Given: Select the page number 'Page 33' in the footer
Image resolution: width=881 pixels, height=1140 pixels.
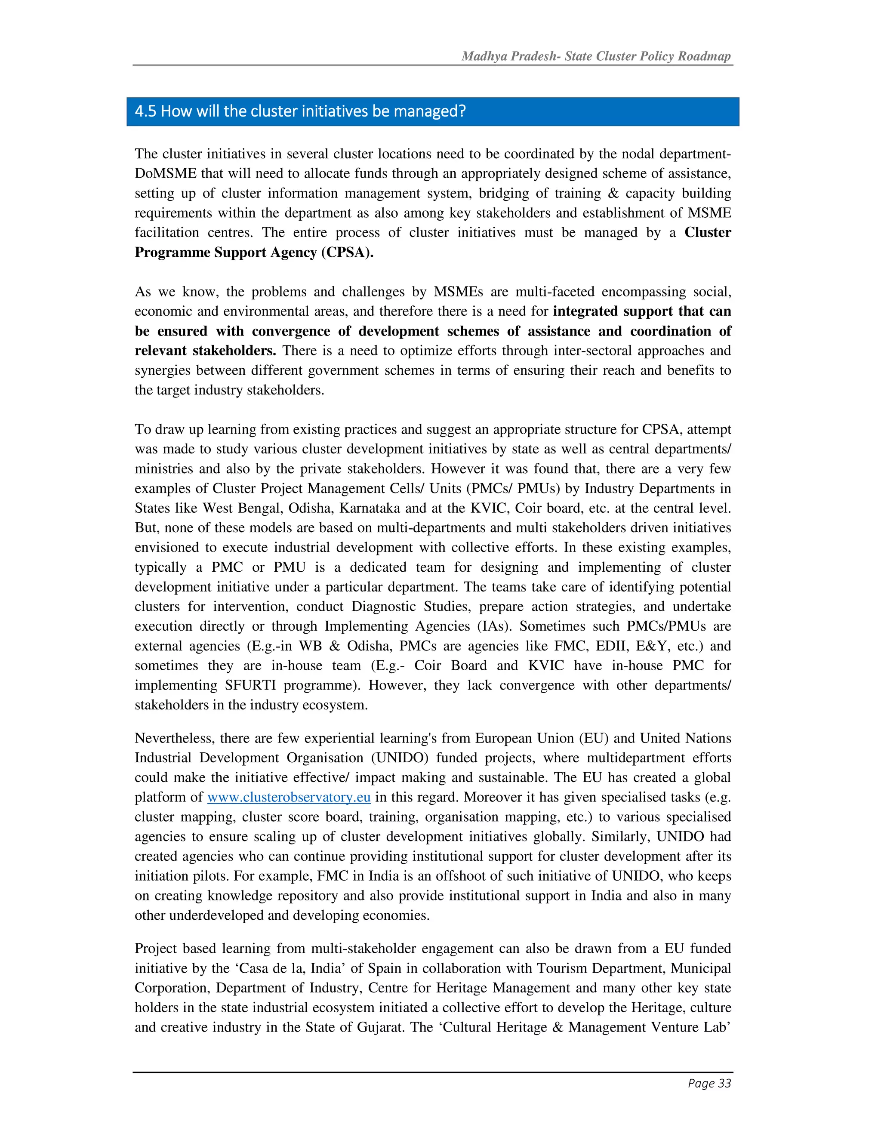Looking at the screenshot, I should (x=709, y=1083).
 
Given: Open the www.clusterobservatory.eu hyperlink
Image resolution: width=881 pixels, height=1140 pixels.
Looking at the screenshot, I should (x=289, y=797).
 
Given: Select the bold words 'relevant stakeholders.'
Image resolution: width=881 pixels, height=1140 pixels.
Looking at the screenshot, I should (x=205, y=351).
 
